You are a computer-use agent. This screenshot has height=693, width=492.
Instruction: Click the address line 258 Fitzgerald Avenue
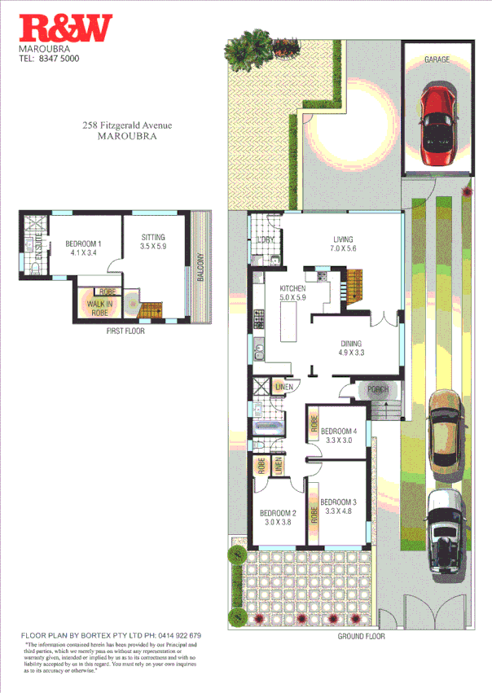127,125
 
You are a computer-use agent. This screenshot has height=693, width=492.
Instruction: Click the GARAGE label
437,59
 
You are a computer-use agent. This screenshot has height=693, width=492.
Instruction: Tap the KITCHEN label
292,289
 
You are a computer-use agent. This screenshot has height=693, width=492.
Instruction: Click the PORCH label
377,389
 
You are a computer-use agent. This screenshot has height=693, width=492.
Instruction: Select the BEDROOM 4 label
338,431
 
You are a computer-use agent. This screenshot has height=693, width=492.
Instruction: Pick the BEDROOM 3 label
337,502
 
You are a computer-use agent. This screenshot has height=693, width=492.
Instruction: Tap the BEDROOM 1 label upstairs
84,243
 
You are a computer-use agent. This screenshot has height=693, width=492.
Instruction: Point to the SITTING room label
153,238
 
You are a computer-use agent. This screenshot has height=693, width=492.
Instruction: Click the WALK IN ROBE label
100,307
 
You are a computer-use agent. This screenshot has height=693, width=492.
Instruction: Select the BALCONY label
200,266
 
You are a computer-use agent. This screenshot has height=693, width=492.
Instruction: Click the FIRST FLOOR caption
125,332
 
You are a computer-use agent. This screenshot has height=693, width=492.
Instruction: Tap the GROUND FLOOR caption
361,636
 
